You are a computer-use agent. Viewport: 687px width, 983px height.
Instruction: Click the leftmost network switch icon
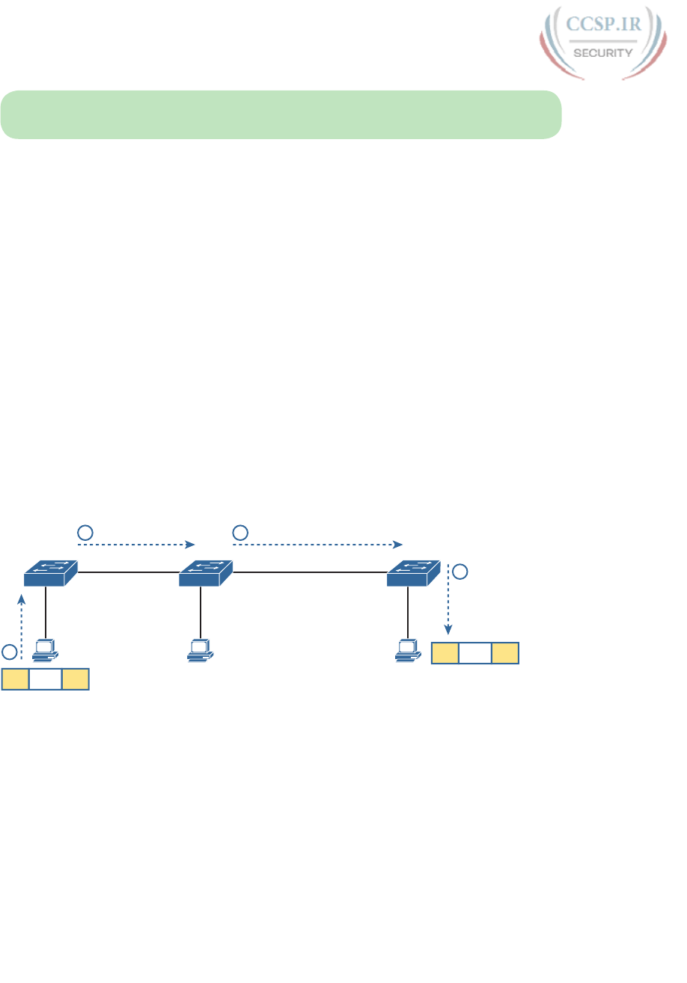[50, 574]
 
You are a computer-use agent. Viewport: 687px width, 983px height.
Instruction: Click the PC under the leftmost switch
[46, 650]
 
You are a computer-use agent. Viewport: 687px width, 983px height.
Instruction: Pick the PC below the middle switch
[200, 650]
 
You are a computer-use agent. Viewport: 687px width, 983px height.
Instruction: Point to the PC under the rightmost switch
[408, 650]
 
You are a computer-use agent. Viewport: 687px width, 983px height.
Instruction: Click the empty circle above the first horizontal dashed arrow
[85, 533]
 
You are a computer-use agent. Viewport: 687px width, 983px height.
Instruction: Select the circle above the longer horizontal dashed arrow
[240, 533]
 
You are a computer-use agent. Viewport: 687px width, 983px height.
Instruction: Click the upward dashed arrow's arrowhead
[22, 598]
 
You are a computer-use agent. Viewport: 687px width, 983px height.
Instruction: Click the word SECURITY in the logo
[603, 53]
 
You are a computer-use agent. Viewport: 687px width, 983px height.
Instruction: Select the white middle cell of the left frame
[45, 679]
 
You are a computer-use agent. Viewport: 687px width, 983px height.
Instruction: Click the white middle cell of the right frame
[475, 653]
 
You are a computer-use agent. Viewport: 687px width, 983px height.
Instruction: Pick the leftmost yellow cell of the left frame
[15, 679]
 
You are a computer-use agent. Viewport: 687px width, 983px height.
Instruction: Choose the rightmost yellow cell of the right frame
[505, 653]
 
